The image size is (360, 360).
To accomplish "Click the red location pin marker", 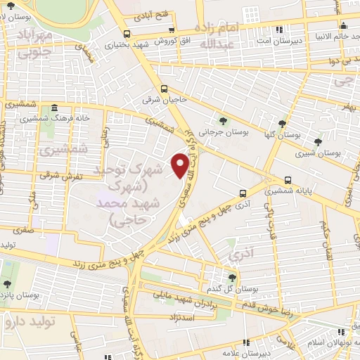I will [181, 165].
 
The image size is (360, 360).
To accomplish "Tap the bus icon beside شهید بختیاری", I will [127, 34].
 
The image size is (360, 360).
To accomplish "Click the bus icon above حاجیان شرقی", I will [164, 89].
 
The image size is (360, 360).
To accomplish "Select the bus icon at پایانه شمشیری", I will [288, 180].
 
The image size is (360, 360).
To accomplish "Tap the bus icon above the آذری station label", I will [243, 193].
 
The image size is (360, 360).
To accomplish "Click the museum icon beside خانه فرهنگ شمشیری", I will [55, 108].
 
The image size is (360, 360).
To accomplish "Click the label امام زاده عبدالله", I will [222, 35].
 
